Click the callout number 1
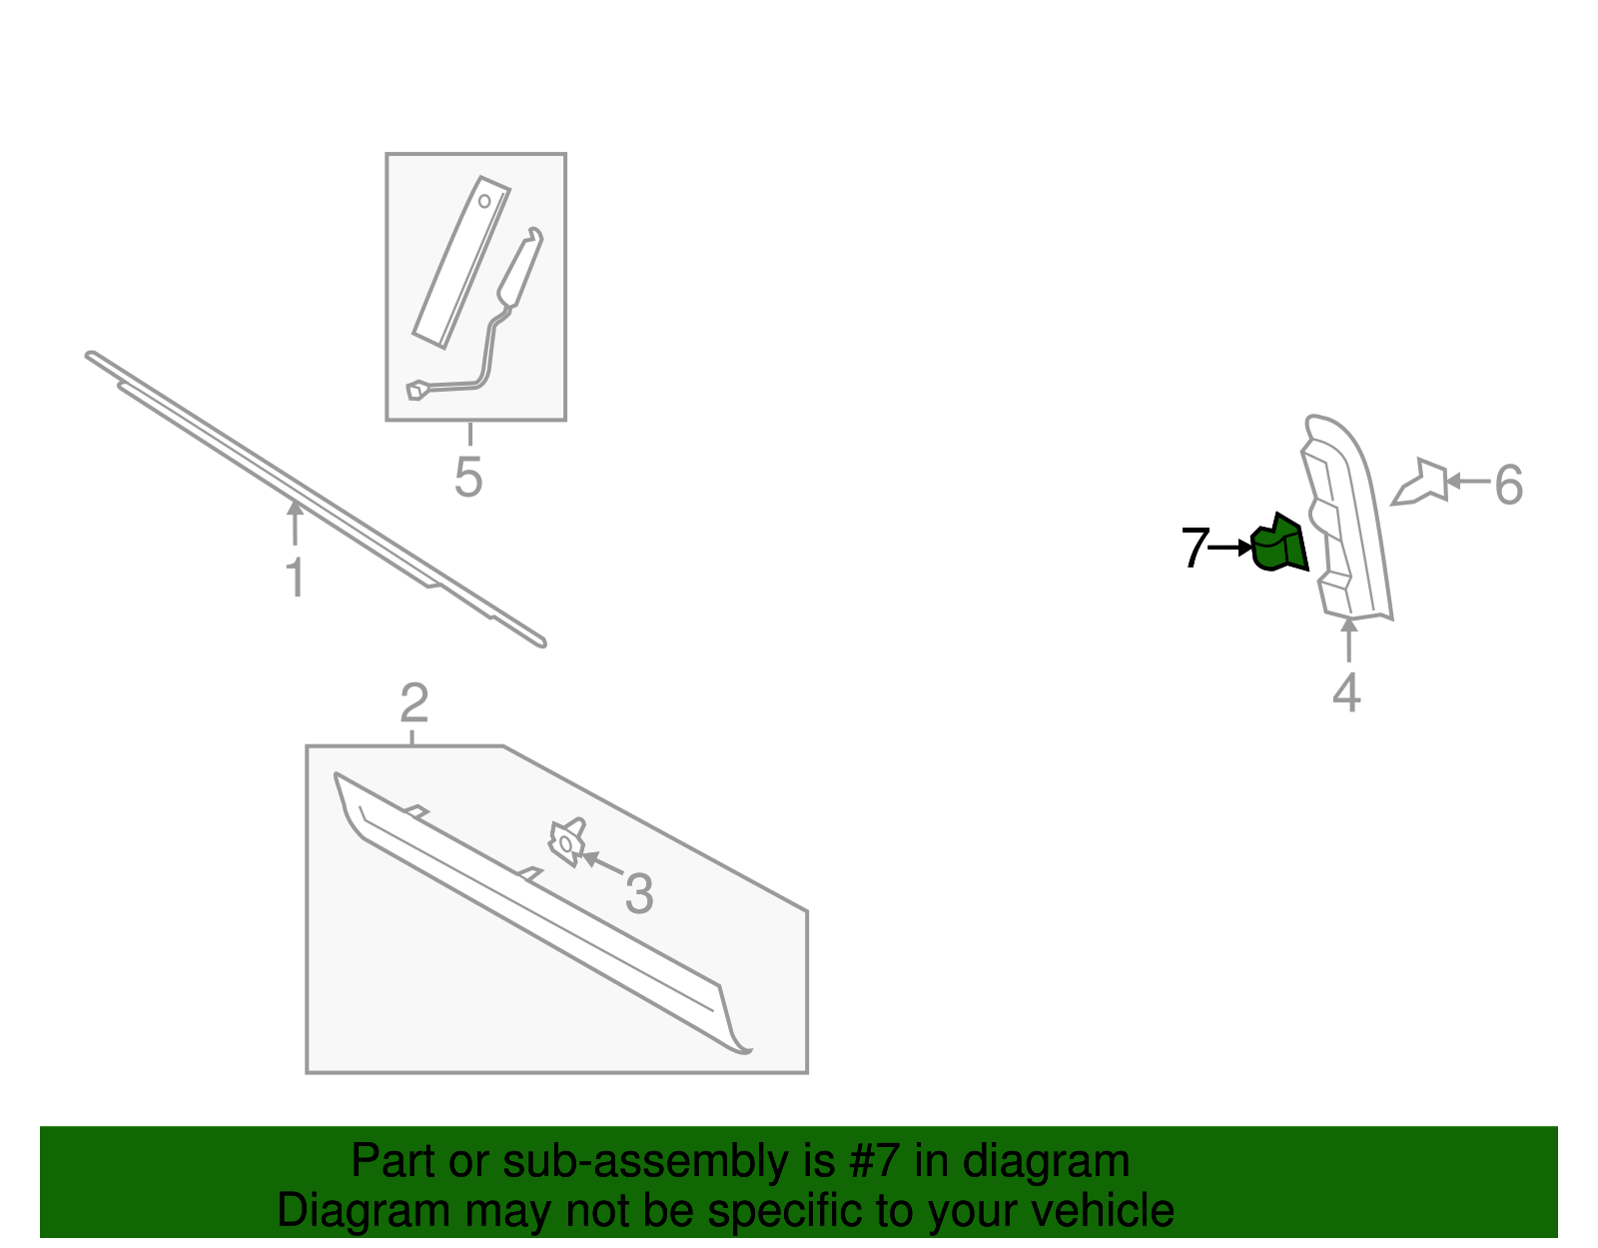point(295,578)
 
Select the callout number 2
point(414,703)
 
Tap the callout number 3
point(639,894)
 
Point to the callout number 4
point(1346,692)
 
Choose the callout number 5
point(468,477)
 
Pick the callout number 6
point(1508,486)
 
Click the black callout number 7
point(1196,548)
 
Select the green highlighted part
point(1280,544)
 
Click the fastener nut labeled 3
point(567,842)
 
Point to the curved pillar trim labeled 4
point(1344,518)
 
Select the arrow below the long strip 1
point(295,523)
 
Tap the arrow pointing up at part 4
point(1348,640)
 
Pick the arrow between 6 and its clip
point(1468,482)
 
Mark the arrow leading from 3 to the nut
point(602,862)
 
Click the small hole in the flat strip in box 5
point(484,201)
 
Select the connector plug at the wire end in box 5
point(416,390)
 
